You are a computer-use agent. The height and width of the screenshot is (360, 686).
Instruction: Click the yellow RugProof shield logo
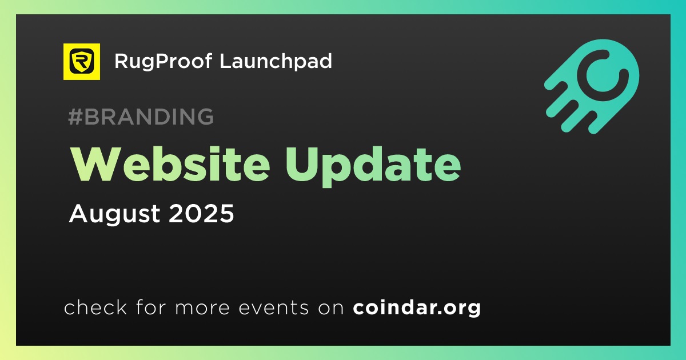(x=81, y=62)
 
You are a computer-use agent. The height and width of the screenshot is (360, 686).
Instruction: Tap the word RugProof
(x=163, y=62)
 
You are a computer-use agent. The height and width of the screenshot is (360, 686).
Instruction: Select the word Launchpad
(x=276, y=61)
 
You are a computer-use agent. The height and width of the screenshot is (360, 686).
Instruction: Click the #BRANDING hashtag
(x=141, y=117)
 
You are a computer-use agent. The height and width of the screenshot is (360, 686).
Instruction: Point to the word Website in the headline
(x=170, y=165)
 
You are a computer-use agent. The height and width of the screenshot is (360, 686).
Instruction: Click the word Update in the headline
(x=373, y=167)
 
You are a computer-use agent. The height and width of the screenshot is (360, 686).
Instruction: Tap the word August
(x=114, y=214)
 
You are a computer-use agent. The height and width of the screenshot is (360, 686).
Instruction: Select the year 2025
(x=201, y=213)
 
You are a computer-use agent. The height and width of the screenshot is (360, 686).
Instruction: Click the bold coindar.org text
(x=417, y=307)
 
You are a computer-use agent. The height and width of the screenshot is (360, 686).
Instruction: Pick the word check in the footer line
(x=95, y=307)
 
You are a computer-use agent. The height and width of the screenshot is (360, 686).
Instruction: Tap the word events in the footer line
(x=273, y=307)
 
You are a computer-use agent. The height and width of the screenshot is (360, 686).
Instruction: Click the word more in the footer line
(x=202, y=308)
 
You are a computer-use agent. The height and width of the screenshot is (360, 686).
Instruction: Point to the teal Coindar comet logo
(x=591, y=87)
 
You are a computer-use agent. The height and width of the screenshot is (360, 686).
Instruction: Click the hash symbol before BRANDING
(x=75, y=117)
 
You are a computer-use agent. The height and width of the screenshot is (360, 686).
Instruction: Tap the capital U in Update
(x=302, y=165)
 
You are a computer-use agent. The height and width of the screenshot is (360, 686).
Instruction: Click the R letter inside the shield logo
(x=81, y=61)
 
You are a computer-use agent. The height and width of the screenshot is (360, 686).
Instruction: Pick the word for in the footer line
(x=151, y=307)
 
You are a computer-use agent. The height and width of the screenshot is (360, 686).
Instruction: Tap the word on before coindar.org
(x=331, y=308)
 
